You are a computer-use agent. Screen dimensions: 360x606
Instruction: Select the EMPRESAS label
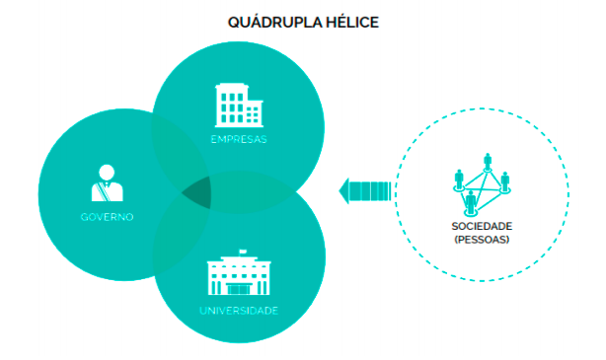pos(239,139)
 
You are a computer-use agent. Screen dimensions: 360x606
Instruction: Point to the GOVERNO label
pos(108,216)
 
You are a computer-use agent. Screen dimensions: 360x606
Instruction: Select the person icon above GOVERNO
pos(107,182)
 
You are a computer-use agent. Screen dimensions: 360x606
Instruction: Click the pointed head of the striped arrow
pos(344,190)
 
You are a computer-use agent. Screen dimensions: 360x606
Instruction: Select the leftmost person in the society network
pos(458,179)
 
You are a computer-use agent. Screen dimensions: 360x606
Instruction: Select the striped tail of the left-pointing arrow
pos(371,190)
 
